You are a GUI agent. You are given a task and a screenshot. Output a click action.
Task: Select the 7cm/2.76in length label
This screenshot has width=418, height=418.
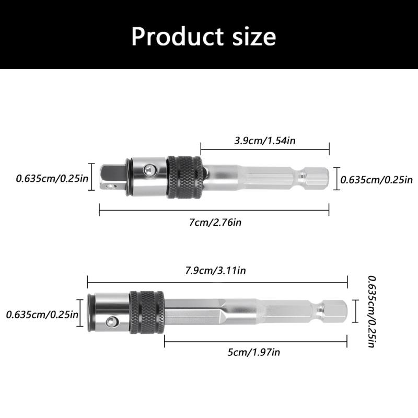click(x=214, y=222)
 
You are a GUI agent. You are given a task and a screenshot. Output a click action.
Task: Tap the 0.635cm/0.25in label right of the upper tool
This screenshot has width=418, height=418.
click(x=377, y=180)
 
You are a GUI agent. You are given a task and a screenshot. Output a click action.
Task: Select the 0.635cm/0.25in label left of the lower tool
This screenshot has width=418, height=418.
click(x=42, y=315)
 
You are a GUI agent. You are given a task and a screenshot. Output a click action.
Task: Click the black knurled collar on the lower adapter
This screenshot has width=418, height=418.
click(x=147, y=313)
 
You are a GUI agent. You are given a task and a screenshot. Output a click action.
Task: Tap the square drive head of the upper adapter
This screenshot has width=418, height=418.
click(x=110, y=177)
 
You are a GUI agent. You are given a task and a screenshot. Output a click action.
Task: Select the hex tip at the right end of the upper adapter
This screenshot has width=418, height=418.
click(x=318, y=178)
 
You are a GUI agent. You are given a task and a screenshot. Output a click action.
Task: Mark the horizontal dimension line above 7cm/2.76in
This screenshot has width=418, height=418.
click(x=214, y=211)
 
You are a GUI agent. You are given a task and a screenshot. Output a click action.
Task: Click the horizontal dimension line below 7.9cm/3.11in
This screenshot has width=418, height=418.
click(x=217, y=282)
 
